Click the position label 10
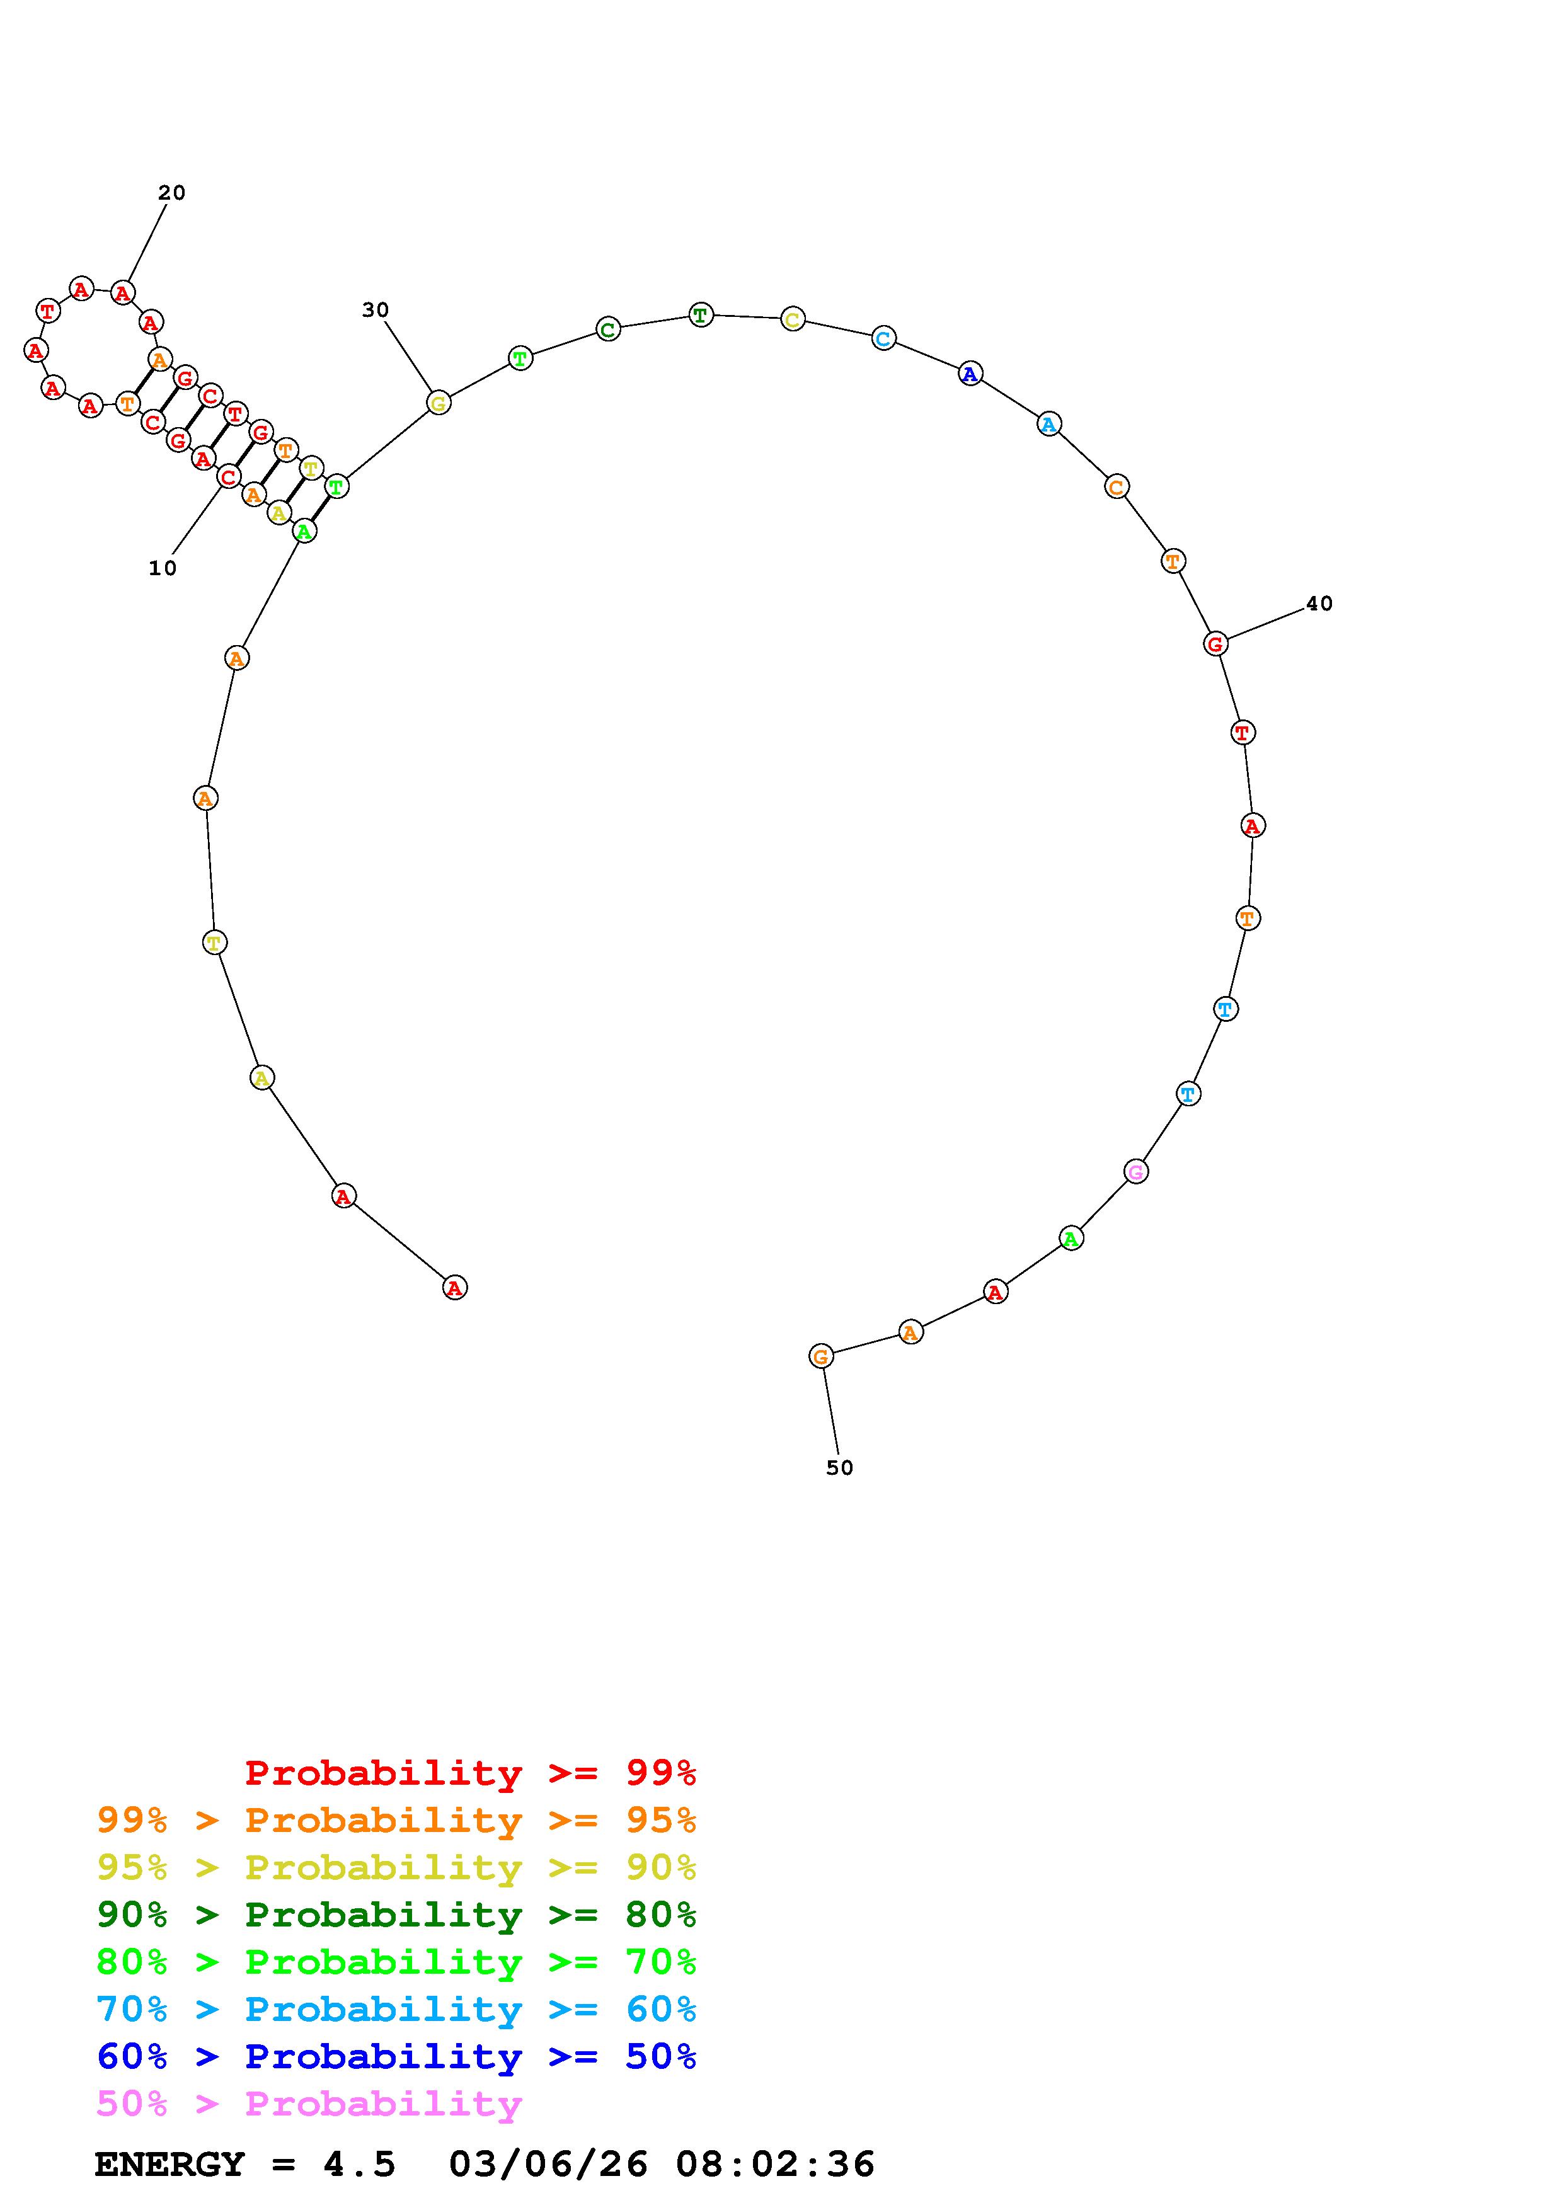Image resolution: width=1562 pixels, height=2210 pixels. coord(163,569)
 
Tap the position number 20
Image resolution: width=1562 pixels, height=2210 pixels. coord(171,193)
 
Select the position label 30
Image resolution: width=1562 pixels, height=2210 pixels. coord(376,310)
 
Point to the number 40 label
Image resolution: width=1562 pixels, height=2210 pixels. coord(1319,604)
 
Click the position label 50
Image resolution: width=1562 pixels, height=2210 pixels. coord(840,1468)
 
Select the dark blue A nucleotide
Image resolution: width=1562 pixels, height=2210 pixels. coord(970,374)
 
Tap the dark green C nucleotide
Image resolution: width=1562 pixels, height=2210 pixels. coord(608,329)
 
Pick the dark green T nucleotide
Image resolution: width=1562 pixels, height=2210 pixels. coord(701,315)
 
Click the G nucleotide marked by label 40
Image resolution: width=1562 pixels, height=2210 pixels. coord(1215,644)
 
